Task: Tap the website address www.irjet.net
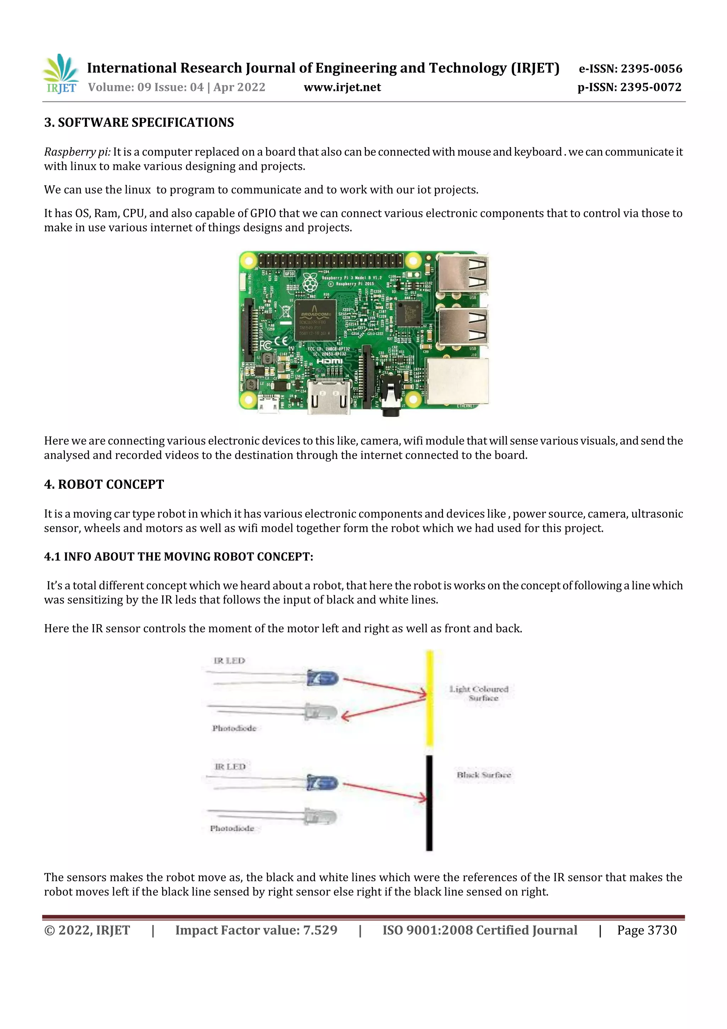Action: click(342, 87)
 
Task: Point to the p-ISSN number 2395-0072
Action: click(651, 87)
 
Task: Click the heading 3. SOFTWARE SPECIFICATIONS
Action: click(139, 122)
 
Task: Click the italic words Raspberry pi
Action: click(77, 152)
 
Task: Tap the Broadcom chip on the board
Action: click(315, 320)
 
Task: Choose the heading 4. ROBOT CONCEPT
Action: click(104, 484)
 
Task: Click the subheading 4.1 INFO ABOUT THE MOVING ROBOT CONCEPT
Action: click(178, 557)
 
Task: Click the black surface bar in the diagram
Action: click(429, 802)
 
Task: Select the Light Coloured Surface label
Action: click(479, 693)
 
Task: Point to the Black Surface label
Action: click(484, 775)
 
